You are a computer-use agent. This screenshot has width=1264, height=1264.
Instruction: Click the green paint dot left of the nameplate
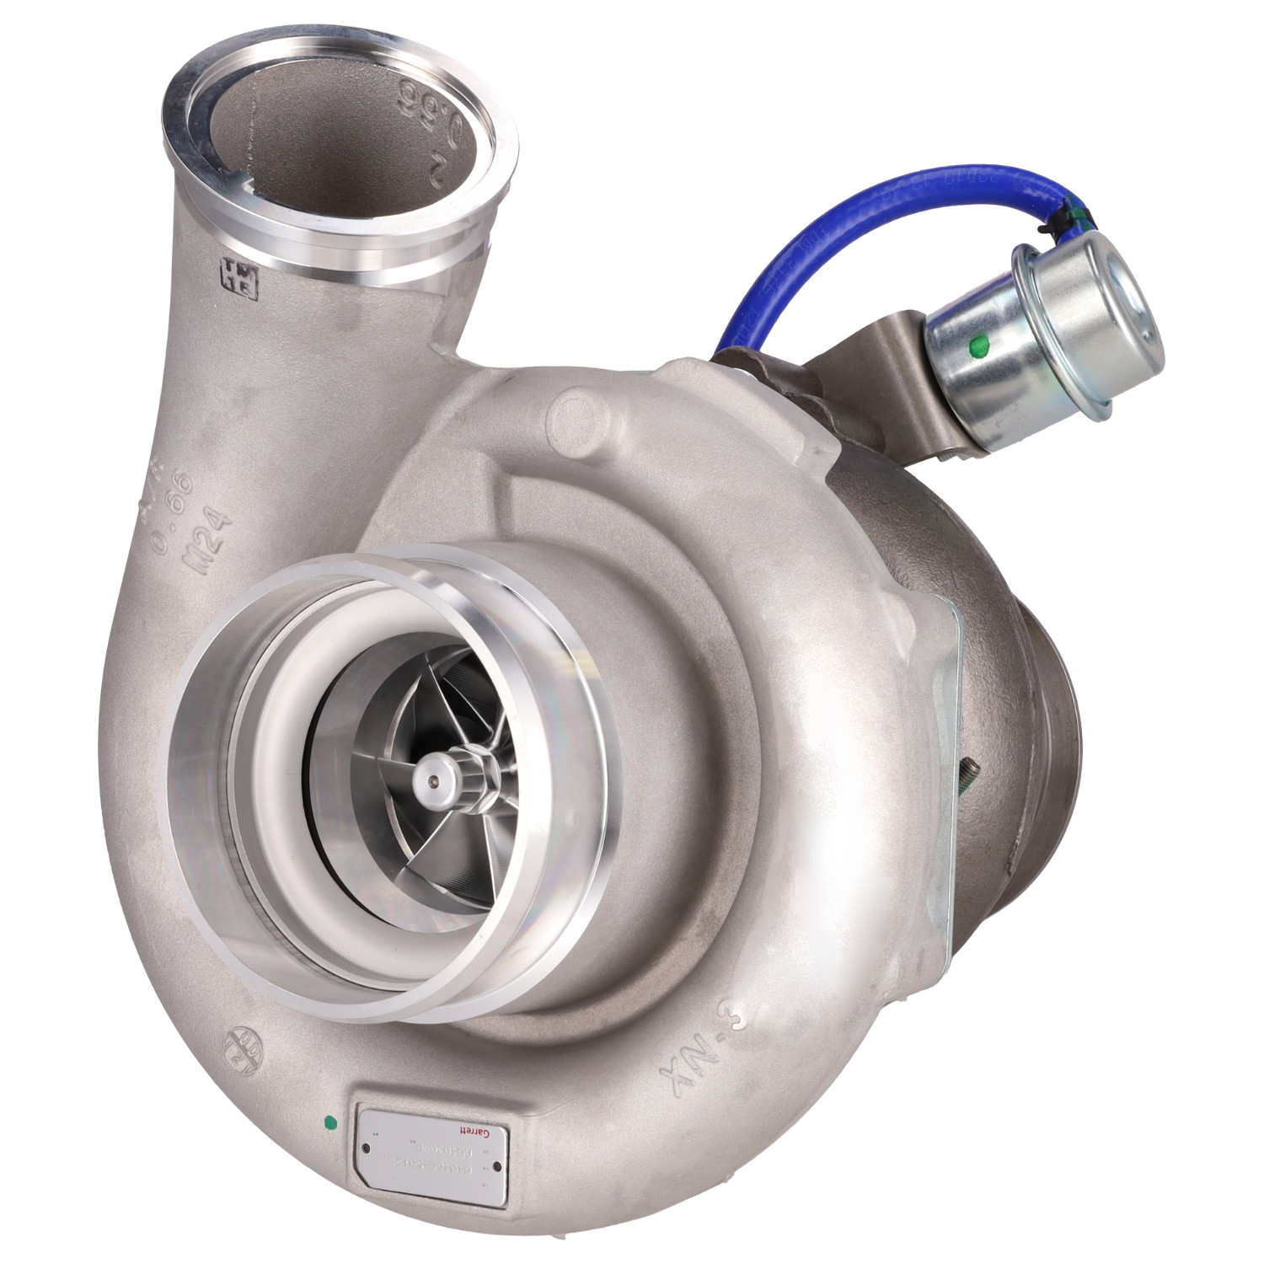coord(330,1122)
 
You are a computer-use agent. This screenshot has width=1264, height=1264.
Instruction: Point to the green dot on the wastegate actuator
coord(977,343)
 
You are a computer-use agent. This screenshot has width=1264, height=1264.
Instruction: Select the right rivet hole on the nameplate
coord(497,1166)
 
